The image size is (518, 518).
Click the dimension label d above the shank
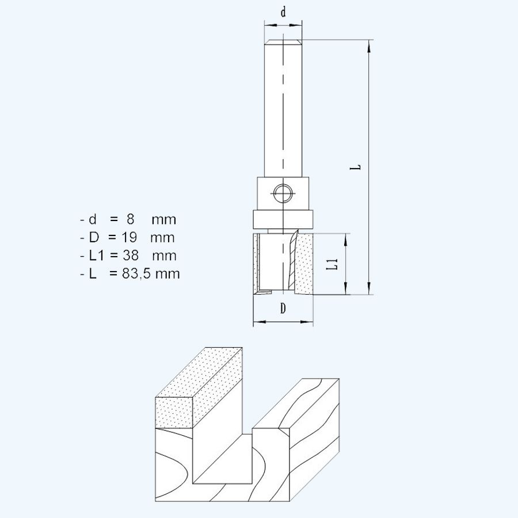283,12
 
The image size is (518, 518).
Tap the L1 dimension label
332,264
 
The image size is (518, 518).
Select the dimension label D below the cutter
283,309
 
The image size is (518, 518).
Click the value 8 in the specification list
130,219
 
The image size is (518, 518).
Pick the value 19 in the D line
129,238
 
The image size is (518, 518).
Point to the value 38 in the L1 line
129,256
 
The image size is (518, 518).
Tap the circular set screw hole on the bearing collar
283,193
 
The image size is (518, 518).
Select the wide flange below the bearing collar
283,220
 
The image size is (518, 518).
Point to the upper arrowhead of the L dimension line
368,44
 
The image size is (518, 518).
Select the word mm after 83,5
167,274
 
